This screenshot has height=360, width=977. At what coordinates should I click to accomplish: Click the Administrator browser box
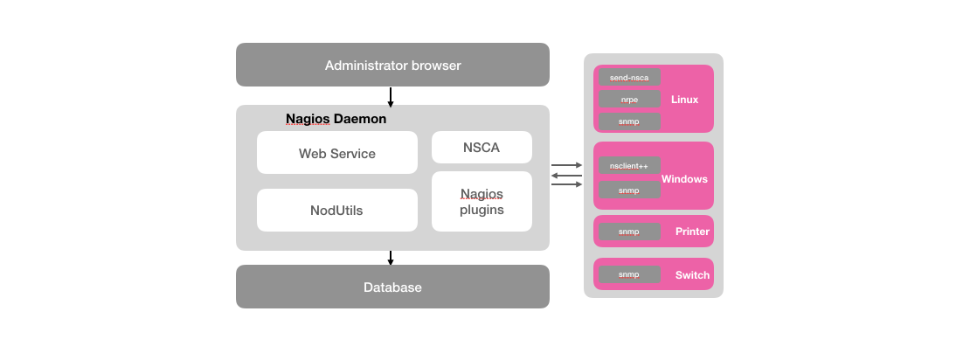click(392, 65)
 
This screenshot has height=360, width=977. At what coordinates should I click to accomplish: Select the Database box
click(392, 287)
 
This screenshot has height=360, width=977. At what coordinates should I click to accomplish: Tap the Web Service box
click(336, 153)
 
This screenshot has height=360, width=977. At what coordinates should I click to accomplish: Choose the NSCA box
click(482, 147)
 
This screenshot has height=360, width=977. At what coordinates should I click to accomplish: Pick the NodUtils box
click(336, 210)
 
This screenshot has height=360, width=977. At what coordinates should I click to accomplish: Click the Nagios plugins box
click(482, 201)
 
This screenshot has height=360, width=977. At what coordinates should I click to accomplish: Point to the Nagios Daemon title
click(336, 118)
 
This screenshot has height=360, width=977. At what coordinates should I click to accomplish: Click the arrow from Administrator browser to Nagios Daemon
click(391, 96)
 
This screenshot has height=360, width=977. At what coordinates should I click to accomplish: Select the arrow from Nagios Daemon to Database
click(391, 258)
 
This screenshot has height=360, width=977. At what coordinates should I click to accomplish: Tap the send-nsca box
click(629, 78)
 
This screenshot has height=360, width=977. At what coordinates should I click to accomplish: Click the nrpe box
click(629, 100)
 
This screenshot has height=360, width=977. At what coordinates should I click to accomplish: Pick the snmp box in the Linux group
click(629, 121)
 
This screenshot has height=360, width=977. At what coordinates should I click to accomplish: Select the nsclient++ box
click(629, 165)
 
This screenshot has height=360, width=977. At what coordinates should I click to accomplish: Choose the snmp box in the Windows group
click(629, 190)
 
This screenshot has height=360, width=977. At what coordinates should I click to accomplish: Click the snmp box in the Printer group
click(629, 232)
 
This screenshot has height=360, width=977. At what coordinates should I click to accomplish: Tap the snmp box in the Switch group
click(629, 274)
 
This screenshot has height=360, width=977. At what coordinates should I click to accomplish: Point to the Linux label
click(684, 99)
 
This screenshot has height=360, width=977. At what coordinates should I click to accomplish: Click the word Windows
click(684, 178)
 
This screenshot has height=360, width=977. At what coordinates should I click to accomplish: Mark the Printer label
click(692, 232)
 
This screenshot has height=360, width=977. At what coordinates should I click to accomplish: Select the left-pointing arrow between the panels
click(566, 175)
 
